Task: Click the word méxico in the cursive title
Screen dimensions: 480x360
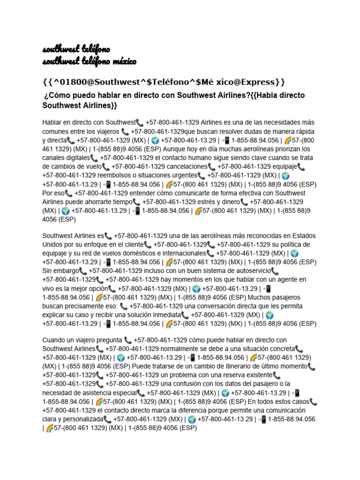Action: click(122, 62)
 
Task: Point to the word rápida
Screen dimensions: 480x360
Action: click(303, 131)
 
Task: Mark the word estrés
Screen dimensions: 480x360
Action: click(209, 202)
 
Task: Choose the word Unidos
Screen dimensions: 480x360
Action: click(53, 245)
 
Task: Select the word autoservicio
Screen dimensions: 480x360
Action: click(249, 271)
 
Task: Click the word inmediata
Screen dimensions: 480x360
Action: click(164, 315)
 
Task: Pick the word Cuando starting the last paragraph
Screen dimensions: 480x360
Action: click(54, 340)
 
